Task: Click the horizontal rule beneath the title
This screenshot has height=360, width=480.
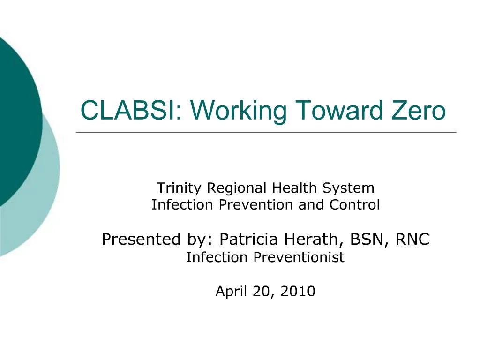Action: [x=266, y=133]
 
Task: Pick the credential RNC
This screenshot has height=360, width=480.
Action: [x=412, y=240]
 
